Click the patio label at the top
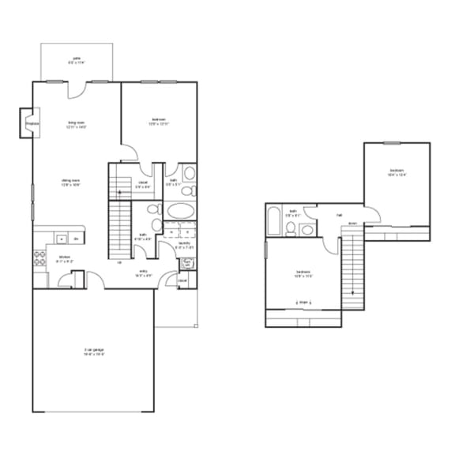pos(77,59)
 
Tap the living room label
pos(76,124)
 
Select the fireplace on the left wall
pos(32,124)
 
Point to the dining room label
pos(71,182)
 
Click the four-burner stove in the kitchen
pos(39,255)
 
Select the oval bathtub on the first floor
pos(181,212)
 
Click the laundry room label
pos(184,245)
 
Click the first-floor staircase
pos(118,225)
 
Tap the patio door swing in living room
pos(74,91)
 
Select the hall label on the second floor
pos(340,214)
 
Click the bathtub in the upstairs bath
pos(274,219)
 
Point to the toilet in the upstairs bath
pos(291,230)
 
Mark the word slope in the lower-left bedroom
pos(303,302)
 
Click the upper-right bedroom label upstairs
pos(397,173)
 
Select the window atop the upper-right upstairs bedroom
pos(392,143)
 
